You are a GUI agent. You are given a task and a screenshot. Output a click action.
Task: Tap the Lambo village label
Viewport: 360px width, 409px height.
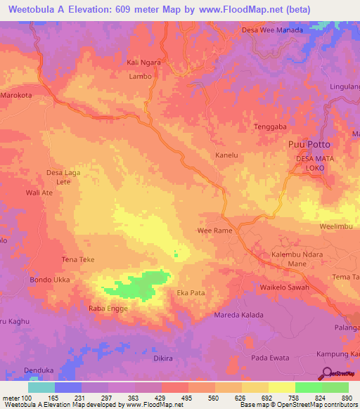pos(140,77)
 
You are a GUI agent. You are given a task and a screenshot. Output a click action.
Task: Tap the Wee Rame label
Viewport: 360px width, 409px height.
pos(214,231)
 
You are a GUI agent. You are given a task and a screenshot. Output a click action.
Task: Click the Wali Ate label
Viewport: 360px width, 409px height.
pos(39,192)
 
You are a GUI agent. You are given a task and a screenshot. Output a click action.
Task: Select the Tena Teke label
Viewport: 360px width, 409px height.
pos(78,260)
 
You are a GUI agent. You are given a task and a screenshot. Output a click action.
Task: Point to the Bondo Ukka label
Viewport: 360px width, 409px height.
pos(49,280)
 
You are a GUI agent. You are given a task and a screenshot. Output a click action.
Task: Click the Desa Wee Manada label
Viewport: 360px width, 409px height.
pos(272,30)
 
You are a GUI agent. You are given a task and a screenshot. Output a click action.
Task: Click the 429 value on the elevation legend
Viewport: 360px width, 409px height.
pos(162,398)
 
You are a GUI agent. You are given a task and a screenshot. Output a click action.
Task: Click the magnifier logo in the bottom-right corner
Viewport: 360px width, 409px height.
pos(326,373)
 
